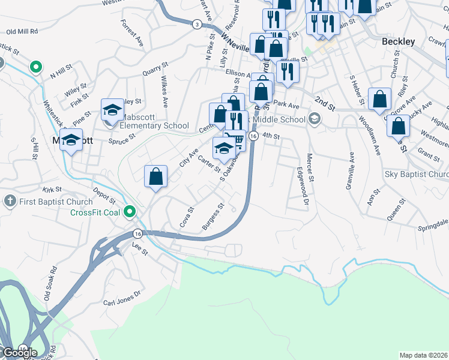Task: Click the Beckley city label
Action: pos(398,42)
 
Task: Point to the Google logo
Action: pos(19,352)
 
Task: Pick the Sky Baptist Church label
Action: pos(416,175)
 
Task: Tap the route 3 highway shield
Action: pos(196,24)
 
